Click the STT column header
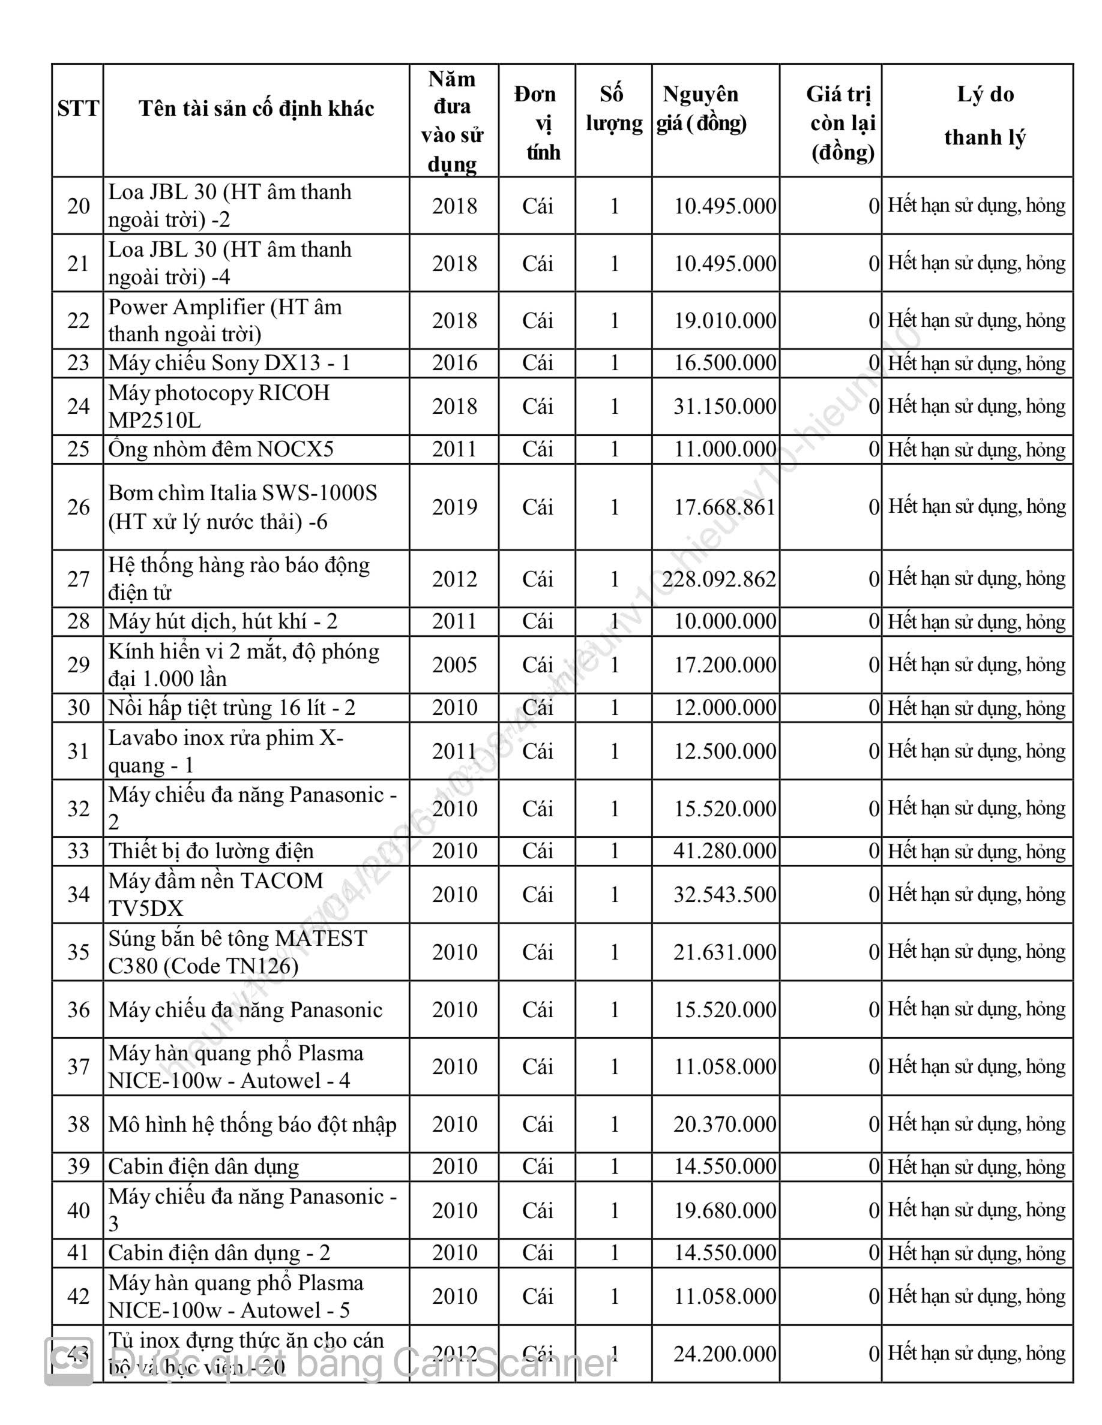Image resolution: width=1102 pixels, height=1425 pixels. click(77, 109)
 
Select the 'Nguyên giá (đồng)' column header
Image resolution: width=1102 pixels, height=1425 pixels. click(702, 109)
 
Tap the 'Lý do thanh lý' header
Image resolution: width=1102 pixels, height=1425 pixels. click(984, 116)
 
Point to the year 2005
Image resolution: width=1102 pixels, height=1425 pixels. click(454, 665)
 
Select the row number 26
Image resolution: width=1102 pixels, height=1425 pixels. click(79, 507)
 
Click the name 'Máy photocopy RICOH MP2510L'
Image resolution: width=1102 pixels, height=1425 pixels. click(219, 407)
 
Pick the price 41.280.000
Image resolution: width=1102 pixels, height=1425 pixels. click(724, 851)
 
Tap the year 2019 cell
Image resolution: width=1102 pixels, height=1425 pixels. click(454, 507)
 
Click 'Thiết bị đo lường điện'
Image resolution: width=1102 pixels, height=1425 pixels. click(211, 851)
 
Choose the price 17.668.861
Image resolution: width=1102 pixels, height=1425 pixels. click(724, 507)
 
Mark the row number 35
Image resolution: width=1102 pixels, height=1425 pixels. click(79, 952)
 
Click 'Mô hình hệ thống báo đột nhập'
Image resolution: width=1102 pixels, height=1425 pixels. click(252, 1124)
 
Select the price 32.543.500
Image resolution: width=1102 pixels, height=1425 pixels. click(724, 894)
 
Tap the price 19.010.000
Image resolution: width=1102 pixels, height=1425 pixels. click(724, 320)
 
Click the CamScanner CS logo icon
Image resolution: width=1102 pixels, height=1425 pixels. click(68, 1361)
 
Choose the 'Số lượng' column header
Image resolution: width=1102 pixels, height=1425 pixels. click(613, 109)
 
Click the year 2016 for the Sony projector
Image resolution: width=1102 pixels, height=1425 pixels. click(454, 363)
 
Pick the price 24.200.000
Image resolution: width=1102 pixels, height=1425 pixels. click(724, 1354)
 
